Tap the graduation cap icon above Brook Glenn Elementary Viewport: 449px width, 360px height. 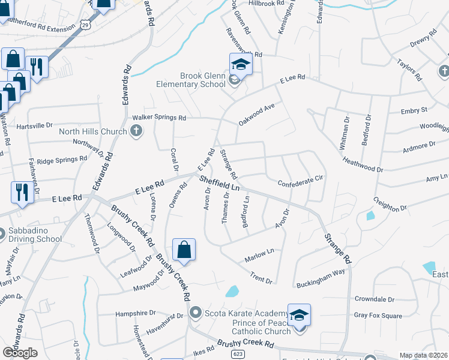pyautogui.click(x=240, y=64)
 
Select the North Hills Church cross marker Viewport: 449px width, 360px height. pyautogui.click(x=136, y=131)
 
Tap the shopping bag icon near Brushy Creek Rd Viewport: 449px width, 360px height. pyautogui.click(x=184, y=250)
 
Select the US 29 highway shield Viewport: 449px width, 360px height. pyautogui.click(x=85, y=25)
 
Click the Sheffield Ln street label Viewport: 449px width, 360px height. pyautogui.click(x=220, y=183)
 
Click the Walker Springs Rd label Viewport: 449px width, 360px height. pyautogui.click(x=159, y=118)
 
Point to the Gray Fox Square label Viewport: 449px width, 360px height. pyautogui.click(x=378, y=316)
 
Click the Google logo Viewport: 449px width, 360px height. pyautogui.click(x=20, y=352)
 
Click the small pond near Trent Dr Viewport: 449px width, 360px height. pyautogui.click(x=232, y=292)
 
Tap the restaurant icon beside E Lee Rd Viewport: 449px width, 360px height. pyautogui.click(x=21, y=193)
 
